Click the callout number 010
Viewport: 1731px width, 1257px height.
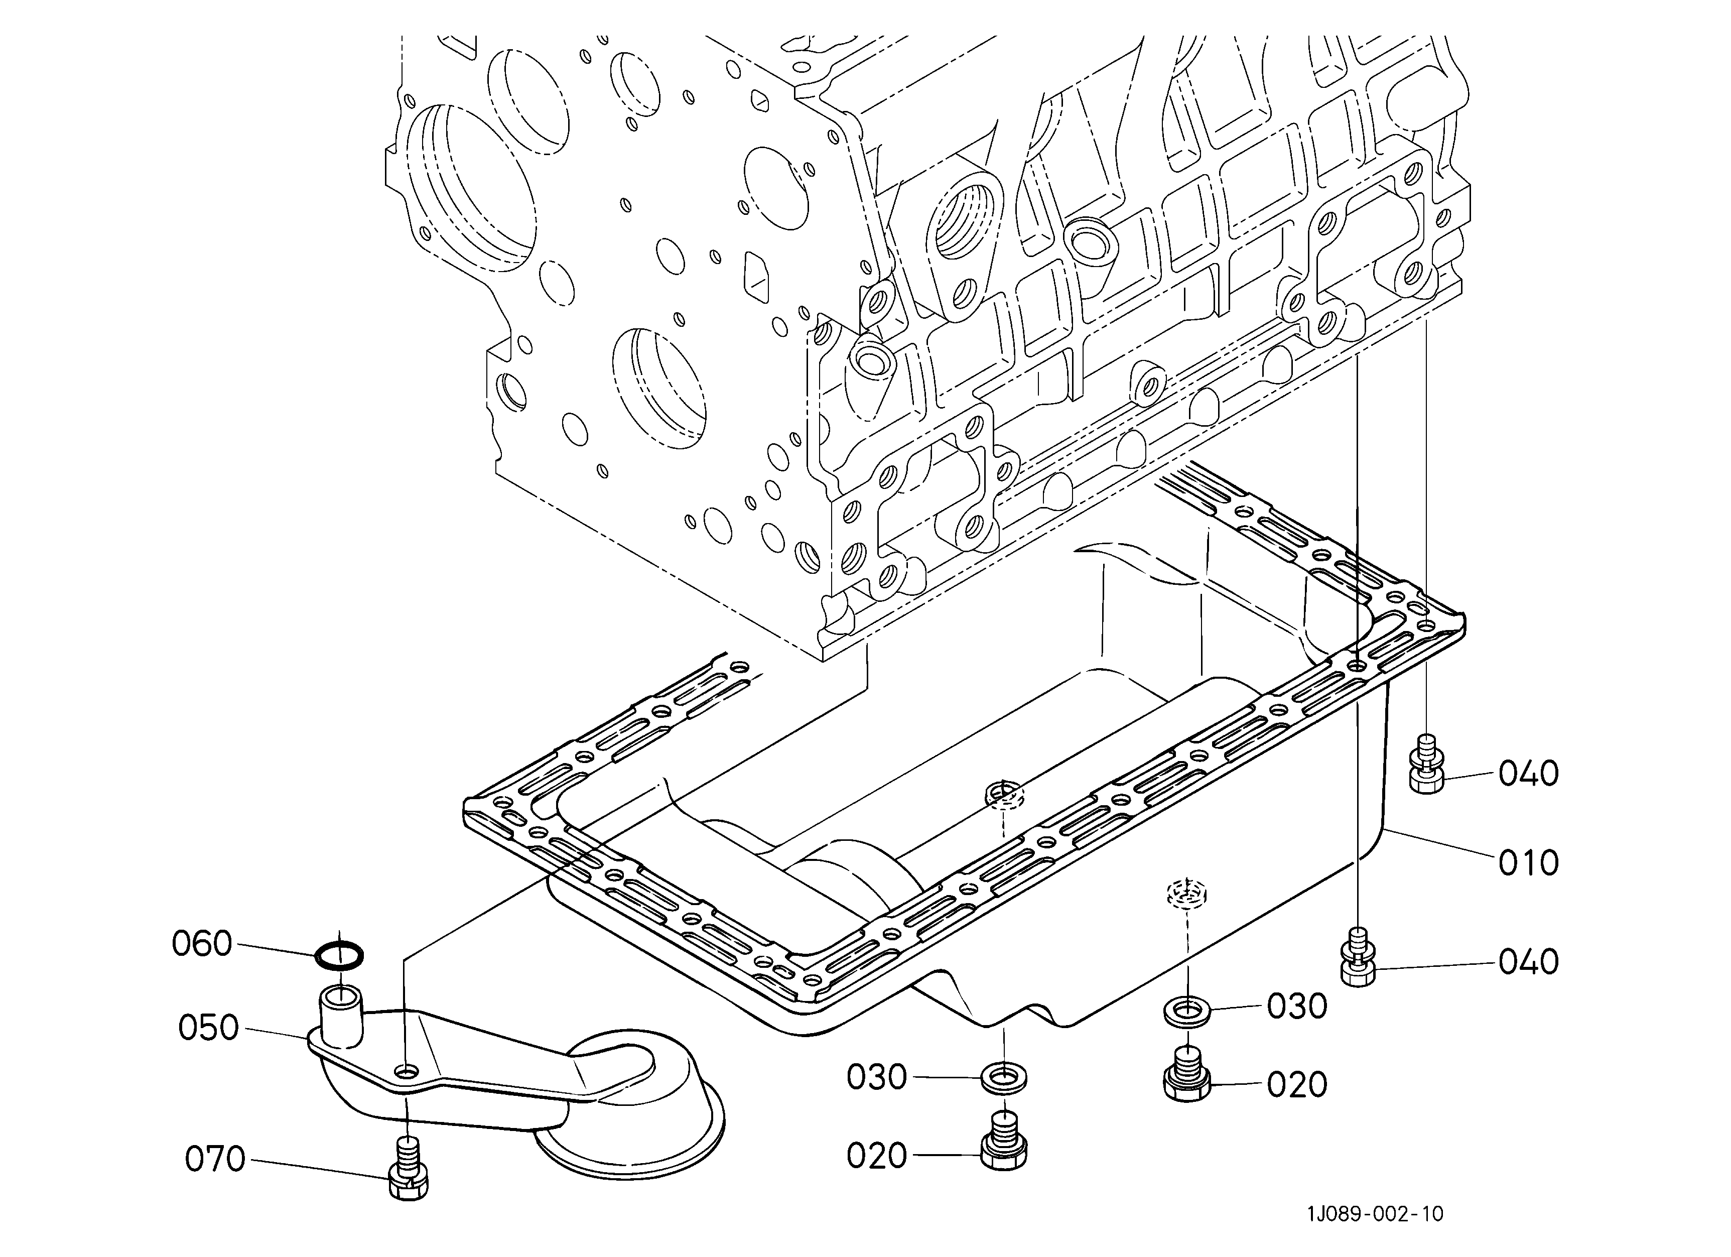click(x=1528, y=863)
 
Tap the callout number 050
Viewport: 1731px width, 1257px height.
click(x=208, y=1028)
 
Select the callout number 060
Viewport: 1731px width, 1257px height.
click(x=201, y=944)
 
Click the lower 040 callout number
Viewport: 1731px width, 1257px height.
click(x=1528, y=962)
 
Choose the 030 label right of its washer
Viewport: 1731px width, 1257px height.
click(x=1297, y=1007)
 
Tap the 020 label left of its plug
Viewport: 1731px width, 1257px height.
click(x=876, y=1156)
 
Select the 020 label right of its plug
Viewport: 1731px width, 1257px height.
click(x=1297, y=1084)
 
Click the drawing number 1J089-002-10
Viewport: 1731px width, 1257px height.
click(x=1375, y=1213)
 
